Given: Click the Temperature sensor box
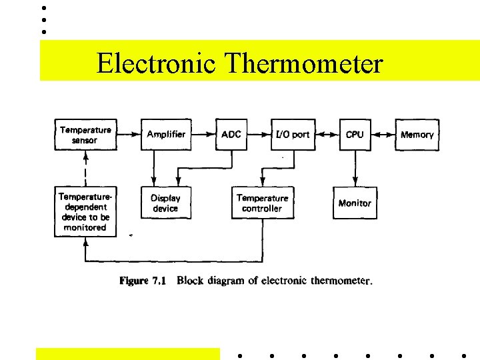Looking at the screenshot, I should pos(85,135).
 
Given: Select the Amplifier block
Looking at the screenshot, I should pos(166,135).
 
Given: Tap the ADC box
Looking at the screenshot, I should pos(231,135).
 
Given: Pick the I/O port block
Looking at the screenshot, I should pos(293,135).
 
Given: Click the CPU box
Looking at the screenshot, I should pos(355,135).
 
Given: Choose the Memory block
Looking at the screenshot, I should pos(417,135).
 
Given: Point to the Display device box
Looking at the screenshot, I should pos(165,203).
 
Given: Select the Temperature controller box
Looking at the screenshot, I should pos(262,203).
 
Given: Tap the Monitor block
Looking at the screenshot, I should pos(355,203).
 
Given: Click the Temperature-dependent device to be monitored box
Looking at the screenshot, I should pos(85,212).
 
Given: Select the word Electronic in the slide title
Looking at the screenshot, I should pos(156,64).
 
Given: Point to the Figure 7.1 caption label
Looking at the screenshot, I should pos(143,281).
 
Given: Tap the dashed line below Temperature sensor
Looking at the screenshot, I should pos(85,169).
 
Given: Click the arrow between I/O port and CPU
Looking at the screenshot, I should pos(327,135).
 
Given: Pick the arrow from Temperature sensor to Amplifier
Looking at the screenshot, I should pos(129,135).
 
